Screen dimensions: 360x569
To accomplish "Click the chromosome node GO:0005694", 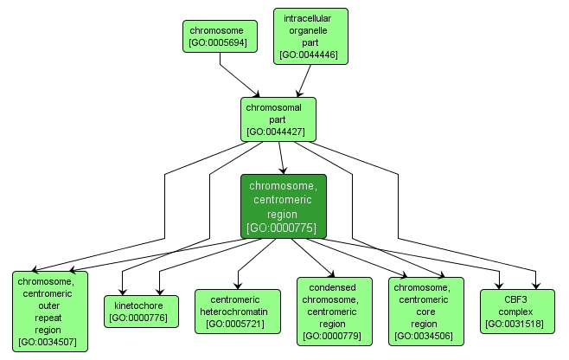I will pos(221,35).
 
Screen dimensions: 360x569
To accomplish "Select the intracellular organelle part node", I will pos(310,36).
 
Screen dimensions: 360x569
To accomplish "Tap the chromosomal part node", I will pos(278,119).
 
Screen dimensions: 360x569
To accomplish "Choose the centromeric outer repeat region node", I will pos(49,311).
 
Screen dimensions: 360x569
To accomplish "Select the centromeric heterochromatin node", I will pos(233,312).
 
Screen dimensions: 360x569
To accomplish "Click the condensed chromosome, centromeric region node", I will pos(333,312).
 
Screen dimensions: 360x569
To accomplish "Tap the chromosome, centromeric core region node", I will pos(425,312).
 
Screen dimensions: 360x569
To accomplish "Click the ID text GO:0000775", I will pos(283,228).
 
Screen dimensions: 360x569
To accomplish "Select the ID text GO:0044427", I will pos(278,132).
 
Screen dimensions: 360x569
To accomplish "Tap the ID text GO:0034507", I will pos(49,342).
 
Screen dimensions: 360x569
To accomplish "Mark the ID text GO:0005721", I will pos(233,325).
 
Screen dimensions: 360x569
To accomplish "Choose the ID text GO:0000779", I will pos(333,336).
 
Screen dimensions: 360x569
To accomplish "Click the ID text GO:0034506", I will pos(425,336).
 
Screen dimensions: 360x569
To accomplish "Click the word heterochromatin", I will pos(233,312).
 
